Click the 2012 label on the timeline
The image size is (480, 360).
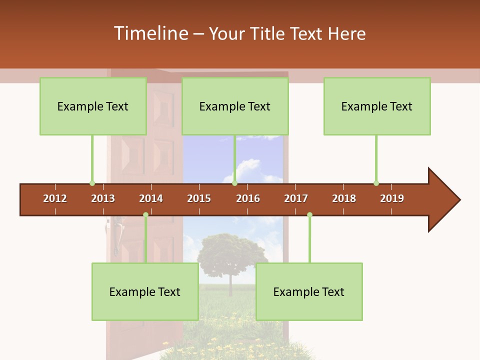click(55, 198)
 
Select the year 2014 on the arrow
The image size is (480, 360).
click(151, 198)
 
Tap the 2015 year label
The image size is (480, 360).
click(199, 198)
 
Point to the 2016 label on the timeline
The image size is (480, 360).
click(248, 198)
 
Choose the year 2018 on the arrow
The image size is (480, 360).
click(344, 198)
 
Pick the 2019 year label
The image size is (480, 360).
click(392, 198)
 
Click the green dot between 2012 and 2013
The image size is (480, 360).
click(92, 183)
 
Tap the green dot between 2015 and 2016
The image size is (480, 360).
click(234, 183)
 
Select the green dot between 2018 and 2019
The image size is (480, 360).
click(376, 183)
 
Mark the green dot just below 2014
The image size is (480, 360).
click(145, 215)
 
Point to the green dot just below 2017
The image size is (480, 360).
click(309, 215)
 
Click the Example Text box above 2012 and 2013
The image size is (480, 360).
click(93, 106)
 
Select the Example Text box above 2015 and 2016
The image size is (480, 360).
click(235, 106)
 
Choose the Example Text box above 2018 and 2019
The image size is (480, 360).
click(377, 106)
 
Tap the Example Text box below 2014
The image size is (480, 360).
click(145, 291)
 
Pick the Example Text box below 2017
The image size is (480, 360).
click(309, 291)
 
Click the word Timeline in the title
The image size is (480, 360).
click(150, 33)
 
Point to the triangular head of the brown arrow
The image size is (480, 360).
click(442, 200)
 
